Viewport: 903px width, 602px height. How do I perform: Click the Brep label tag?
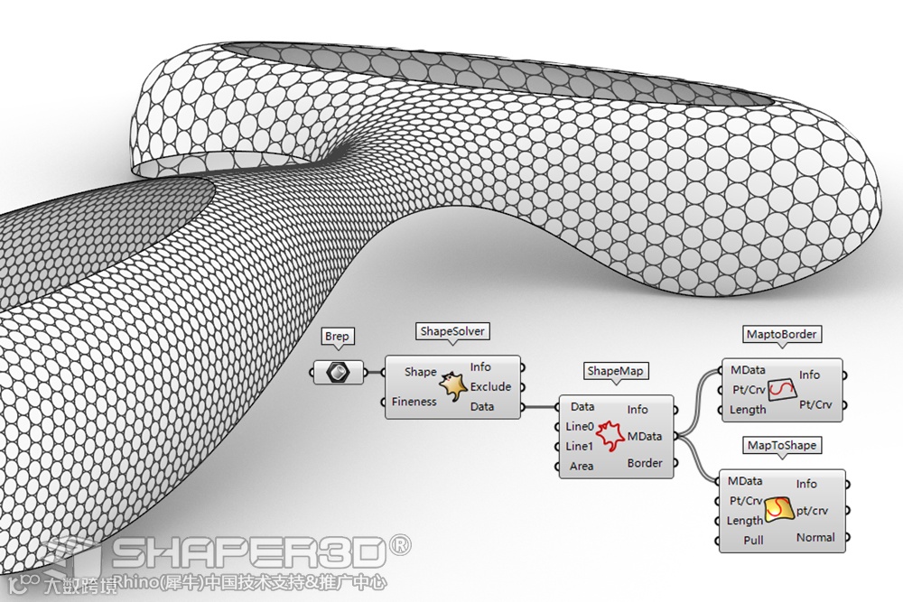pos(337,337)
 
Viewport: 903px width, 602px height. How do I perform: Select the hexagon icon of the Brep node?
pos(338,371)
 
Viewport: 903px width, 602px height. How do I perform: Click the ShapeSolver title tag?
pos(452,331)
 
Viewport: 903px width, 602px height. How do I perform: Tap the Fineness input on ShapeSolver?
pos(414,402)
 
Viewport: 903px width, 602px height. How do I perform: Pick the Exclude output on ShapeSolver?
pos(490,386)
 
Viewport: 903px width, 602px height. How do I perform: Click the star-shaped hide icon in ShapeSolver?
pos(452,388)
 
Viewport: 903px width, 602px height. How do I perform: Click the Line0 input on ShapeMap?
pos(580,427)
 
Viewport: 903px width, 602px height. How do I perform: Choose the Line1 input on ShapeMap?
pos(580,446)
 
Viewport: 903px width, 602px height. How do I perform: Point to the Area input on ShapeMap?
pos(582,466)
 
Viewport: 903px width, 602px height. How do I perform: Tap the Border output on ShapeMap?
pos(645,463)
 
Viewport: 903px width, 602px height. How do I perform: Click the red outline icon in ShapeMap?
pos(610,437)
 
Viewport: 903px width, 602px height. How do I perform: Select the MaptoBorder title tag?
pos(782,334)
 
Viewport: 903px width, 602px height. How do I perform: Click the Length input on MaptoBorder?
pos(748,410)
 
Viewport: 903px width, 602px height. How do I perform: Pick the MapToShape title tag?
pos(782,445)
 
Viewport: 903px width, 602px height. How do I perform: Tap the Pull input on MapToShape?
pos(753,541)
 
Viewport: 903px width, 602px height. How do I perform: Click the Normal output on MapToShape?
pos(815,537)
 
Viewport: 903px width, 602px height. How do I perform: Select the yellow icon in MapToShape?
pos(778,512)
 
